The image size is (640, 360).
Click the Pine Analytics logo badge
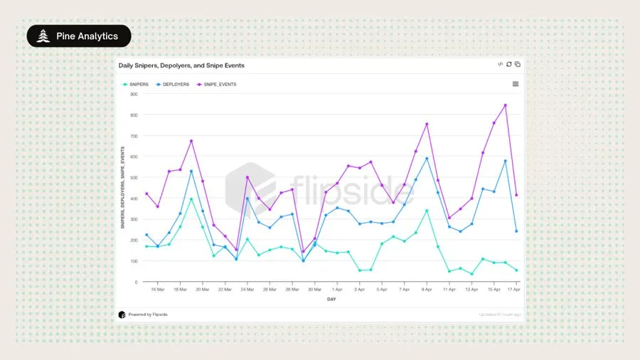tap(79, 36)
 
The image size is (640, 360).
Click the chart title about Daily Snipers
tap(181, 65)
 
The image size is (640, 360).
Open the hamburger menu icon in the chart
tap(516, 84)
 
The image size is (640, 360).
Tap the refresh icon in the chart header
tap(509, 64)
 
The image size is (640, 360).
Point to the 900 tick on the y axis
tap(134, 94)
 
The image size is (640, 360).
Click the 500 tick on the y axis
tap(134, 177)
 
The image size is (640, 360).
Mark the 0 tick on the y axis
tap(136, 282)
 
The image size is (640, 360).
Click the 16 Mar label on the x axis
tap(158, 290)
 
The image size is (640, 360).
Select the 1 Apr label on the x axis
tap(337, 290)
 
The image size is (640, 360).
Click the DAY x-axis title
tap(331, 300)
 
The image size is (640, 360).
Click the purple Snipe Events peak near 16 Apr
tap(505, 105)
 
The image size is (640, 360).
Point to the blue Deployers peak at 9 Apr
tap(427, 159)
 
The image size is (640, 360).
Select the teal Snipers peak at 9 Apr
tap(427, 211)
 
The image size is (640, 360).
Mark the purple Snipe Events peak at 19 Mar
tap(191, 141)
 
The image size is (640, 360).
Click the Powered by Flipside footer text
tap(148, 314)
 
